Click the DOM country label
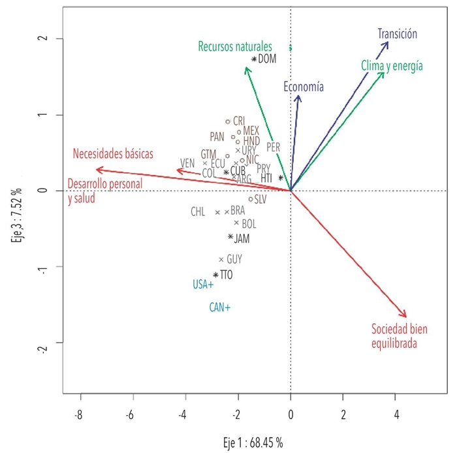click(x=268, y=59)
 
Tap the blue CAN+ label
click(x=219, y=307)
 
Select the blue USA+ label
click(x=203, y=285)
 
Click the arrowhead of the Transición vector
click(x=388, y=43)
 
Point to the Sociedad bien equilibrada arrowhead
click(x=405, y=317)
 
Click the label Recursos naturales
click(x=235, y=46)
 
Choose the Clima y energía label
click(x=392, y=66)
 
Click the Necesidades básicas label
click(x=113, y=154)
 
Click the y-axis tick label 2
click(x=40, y=39)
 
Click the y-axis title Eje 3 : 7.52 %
click(x=18, y=213)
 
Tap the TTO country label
click(x=227, y=275)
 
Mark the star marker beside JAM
click(x=230, y=237)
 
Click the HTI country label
click(x=266, y=178)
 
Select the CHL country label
click(x=198, y=211)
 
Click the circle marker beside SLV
click(x=251, y=199)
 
